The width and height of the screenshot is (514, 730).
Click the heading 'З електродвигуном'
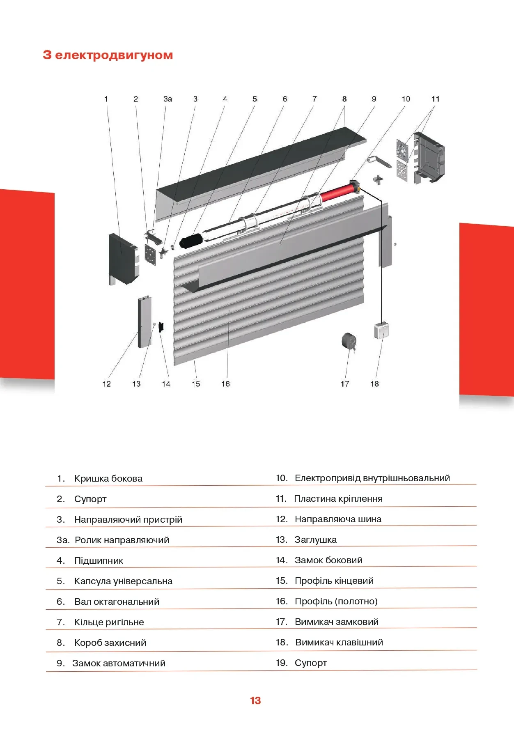108,55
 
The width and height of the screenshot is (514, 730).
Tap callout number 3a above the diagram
168,99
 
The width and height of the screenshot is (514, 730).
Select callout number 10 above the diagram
406,99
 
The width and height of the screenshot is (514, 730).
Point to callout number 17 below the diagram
345,384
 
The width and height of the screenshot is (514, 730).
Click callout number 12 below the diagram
107,384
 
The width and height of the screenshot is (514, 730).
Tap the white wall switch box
381,331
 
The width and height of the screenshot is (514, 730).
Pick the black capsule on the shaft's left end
191,241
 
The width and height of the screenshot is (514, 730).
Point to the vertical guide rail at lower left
145,322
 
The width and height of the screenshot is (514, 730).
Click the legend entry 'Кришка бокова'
108,479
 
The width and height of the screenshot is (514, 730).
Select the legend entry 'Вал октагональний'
117,602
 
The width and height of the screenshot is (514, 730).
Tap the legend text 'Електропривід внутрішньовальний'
372,478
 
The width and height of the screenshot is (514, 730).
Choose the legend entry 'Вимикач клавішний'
339,643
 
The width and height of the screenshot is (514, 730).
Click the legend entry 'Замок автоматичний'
119,663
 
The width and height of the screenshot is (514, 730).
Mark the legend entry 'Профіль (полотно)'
336,601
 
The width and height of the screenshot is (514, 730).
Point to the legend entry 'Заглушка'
315,540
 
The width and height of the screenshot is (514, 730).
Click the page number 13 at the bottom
255,701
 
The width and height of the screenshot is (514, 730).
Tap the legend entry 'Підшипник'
99,561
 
